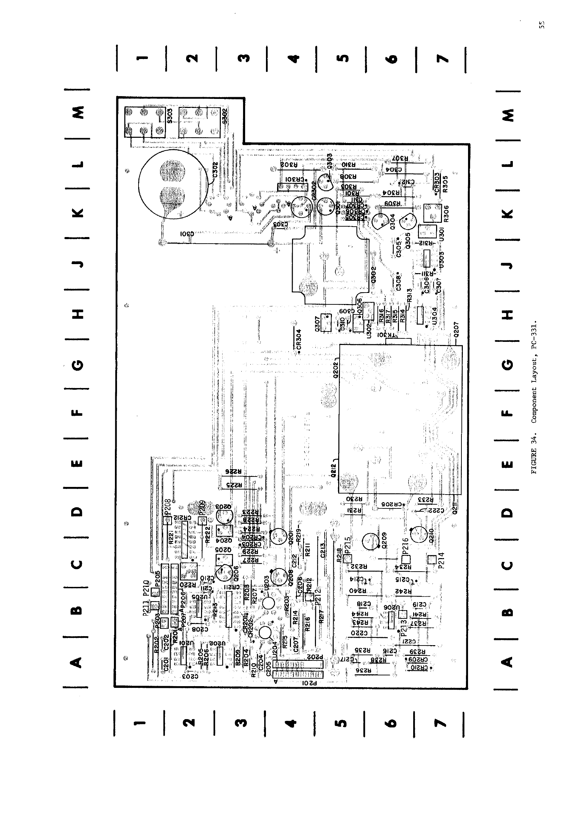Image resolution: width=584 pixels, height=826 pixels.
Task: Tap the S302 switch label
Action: (225, 116)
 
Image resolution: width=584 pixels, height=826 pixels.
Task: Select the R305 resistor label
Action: (445, 184)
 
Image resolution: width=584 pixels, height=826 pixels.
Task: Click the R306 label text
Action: (446, 215)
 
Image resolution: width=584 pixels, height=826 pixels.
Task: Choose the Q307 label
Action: (317, 323)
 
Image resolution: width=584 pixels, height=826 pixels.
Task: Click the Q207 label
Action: (456, 329)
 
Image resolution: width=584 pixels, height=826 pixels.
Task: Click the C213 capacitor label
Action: (323, 550)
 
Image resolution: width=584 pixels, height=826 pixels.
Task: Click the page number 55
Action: (542, 25)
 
